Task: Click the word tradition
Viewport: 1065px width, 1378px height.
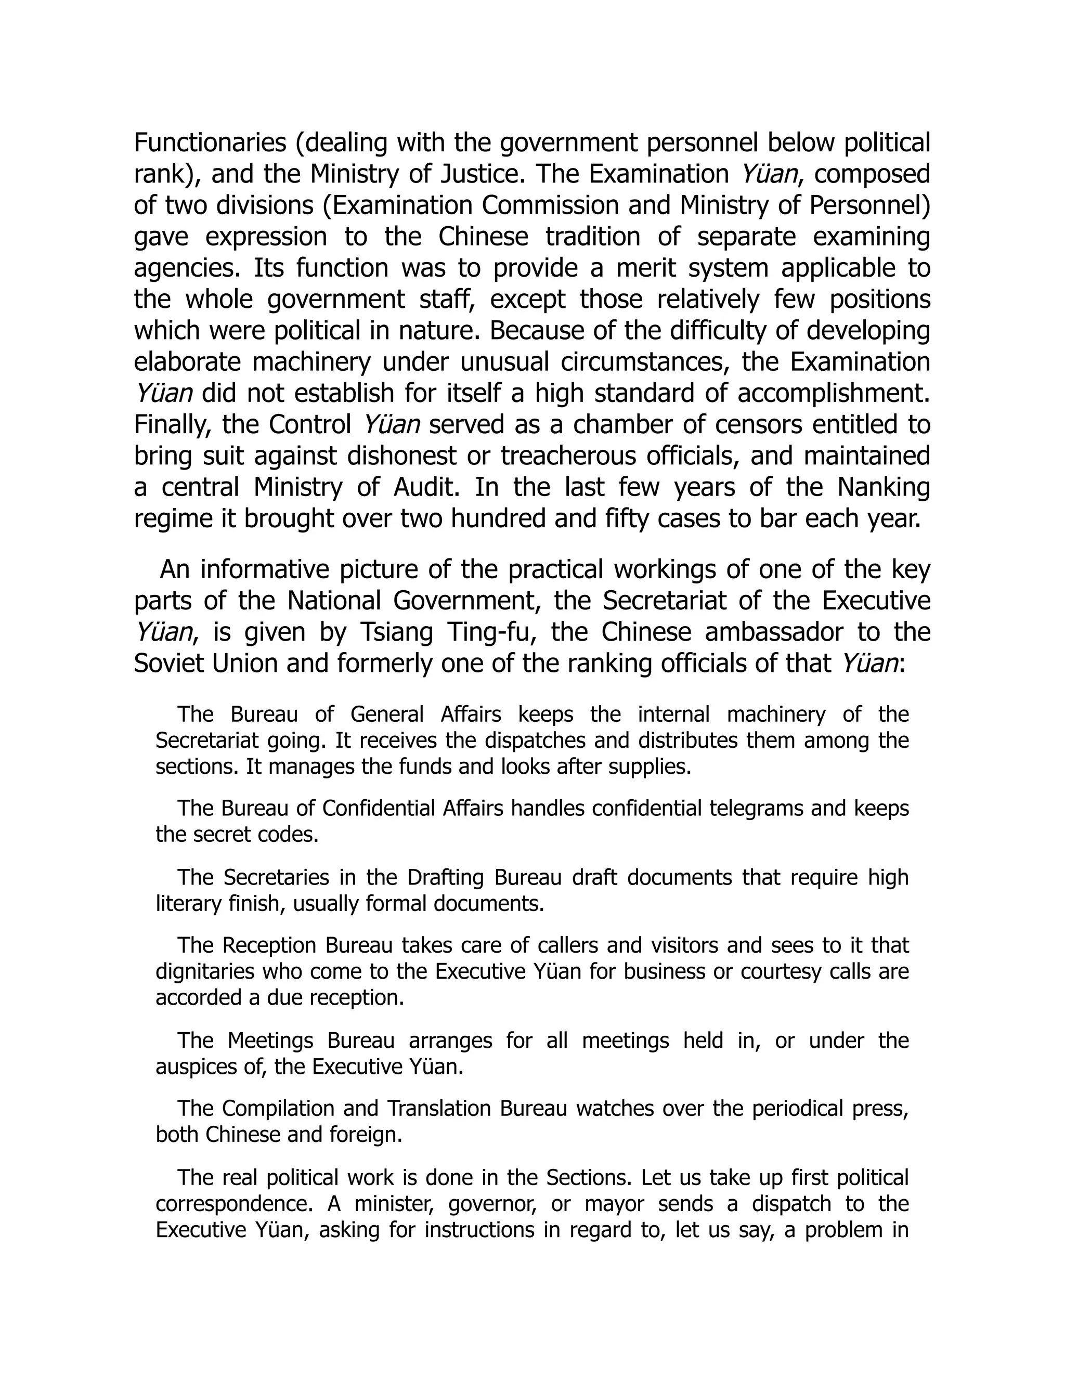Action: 592,237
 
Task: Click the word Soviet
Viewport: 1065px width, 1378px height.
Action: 172,664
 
